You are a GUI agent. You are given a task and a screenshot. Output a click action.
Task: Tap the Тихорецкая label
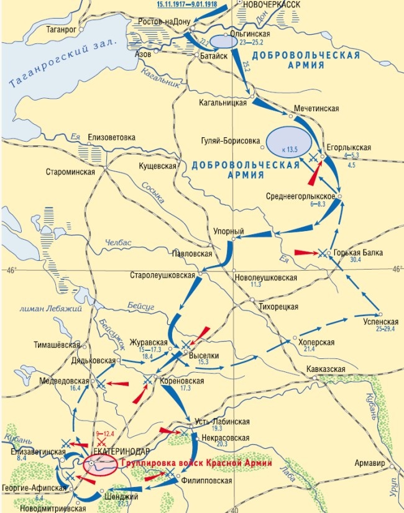coord(278,307)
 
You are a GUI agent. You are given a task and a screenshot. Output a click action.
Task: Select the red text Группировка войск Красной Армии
coord(181,463)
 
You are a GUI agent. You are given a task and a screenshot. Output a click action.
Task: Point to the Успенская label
coord(380,322)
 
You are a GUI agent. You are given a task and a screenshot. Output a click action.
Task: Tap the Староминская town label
coord(70,172)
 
